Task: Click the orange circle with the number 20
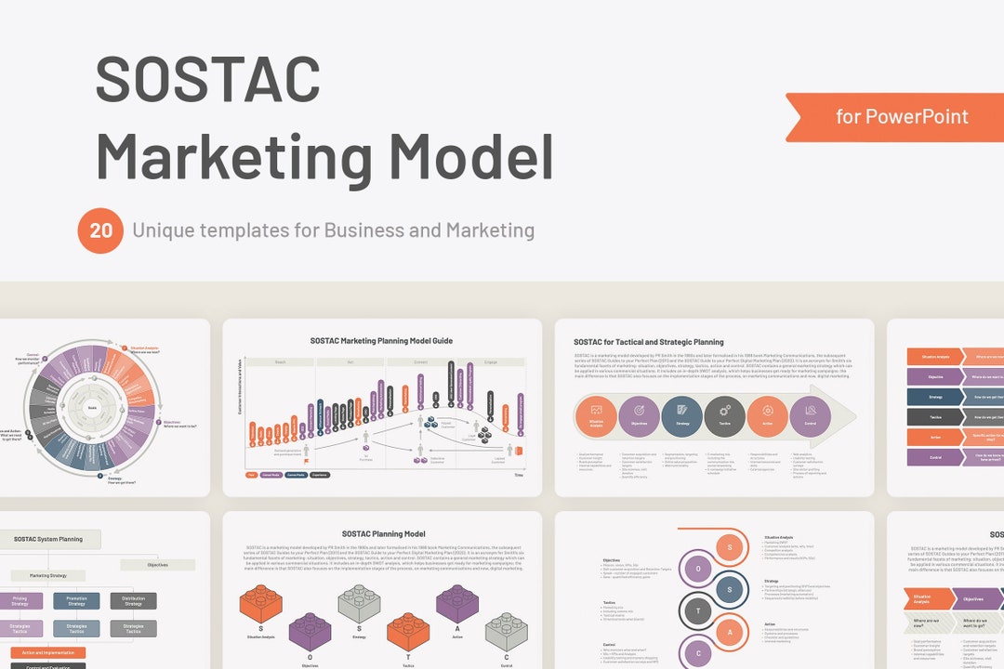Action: coord(100,230)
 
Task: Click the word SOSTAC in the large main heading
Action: coord(208,80)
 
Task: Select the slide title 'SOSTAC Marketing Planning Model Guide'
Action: coord(382,341)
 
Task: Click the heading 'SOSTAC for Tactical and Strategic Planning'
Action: coord(649,342)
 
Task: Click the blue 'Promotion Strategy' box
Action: coord(76,601)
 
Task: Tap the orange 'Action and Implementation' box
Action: coord(42,652)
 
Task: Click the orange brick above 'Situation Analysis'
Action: coord(261,604)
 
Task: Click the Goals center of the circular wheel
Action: coord(93,407)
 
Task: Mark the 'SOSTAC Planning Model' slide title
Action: coord(383,534)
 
